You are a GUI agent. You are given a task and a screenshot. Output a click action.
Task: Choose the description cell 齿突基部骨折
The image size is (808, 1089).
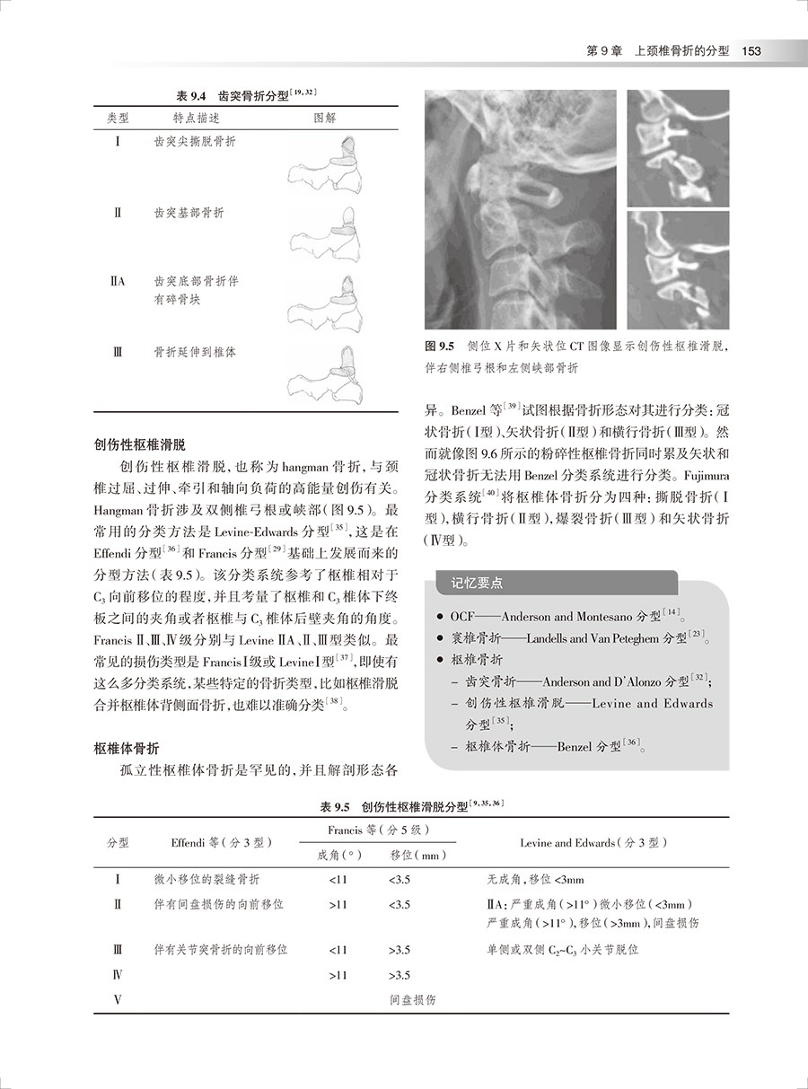(x=189, y=213)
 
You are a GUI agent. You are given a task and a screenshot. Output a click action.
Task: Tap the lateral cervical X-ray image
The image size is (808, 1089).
(x=520, y=209)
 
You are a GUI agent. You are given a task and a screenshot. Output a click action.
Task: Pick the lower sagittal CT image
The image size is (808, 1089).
(x=678, y=269)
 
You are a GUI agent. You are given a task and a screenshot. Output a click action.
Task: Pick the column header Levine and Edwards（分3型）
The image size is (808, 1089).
(x=593, y=843)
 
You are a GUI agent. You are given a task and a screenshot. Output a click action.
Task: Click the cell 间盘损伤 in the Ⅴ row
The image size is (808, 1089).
(x=413, y=999)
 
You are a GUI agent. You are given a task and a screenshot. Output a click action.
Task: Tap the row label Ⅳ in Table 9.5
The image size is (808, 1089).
(x=118, y=974)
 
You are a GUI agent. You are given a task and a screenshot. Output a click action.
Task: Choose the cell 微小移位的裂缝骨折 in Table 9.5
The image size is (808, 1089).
(x=207, y=880)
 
